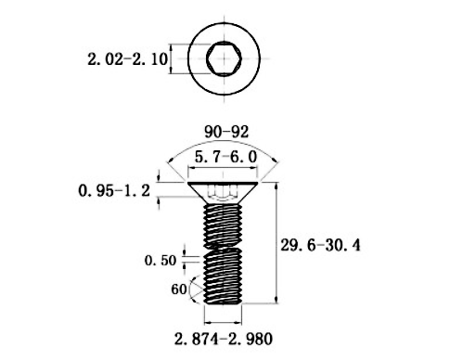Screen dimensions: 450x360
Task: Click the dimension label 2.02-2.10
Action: coord(128,59)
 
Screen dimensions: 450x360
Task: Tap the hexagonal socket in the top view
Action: coord(224,58)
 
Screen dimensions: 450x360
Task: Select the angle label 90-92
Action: coord(226,132)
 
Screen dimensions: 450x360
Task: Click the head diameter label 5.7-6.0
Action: coord(225,157)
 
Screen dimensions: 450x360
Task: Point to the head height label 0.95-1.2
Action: coord(114,190)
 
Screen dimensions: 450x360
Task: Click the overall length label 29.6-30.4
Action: coord(320,246)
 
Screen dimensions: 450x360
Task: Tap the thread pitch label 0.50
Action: coord(161,261)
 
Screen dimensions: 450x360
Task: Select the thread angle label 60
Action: coord(179,289)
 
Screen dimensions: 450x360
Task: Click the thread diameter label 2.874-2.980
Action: coord(224,339)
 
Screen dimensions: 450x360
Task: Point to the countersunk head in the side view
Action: coord(223,192)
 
